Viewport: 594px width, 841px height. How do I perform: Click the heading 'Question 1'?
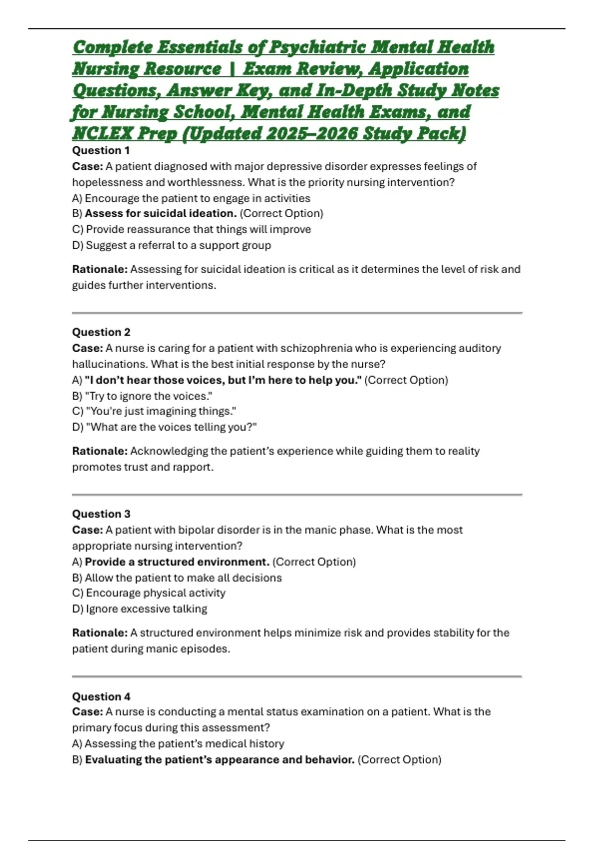101,150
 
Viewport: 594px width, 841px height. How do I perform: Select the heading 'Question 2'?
101,332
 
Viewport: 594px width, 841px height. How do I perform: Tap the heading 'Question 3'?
101,514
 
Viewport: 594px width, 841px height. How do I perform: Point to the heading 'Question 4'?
101,697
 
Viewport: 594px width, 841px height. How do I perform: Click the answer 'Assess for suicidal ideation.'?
160,213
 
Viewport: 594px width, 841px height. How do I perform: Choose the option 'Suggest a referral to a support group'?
178,245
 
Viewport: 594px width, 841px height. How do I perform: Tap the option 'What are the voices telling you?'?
171,427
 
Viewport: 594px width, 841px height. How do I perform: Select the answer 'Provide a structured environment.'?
177,561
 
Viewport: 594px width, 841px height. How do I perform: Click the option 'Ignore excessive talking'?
146,608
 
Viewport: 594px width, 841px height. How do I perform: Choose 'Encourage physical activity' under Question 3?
155,593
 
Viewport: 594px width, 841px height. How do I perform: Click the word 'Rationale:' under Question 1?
99,269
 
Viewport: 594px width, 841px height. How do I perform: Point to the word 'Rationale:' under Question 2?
99,451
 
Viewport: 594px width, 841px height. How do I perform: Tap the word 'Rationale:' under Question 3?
99,632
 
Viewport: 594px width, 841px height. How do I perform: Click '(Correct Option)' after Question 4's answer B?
399,759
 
